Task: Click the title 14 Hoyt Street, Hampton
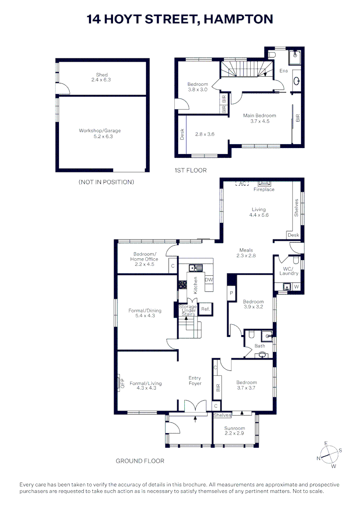coord(180,19)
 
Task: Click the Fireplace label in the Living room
coord(264,189)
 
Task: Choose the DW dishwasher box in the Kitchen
coord(209,280)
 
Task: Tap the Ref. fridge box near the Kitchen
coord(205,309)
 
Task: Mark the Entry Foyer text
coord(195,380)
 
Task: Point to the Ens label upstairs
coord(284,71)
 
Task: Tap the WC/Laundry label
coord(289,271)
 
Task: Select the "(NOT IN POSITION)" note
coord(106,182)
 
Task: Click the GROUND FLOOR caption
coord(140,461)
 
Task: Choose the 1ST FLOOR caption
coord(190,170)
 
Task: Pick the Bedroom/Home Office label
coord(146,259)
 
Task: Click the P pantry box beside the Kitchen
coord(231,293)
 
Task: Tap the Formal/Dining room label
coord(145,313)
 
